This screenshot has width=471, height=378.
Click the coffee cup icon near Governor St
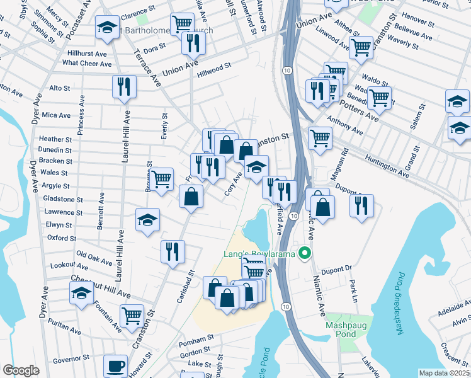click(x=115, y=366)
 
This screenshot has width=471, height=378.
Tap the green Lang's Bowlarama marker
click(x=305, y=254)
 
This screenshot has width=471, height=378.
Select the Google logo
click(x=21, y=370)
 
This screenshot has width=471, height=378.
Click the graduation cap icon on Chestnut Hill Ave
click(x=81, y=292)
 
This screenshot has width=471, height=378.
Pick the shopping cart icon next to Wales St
click(x=162, y=179)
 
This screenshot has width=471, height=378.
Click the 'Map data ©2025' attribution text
click(x=444, y=373)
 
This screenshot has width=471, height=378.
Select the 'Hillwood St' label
click(x=214, y=65)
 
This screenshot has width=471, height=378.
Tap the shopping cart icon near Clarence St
click(x=182, y=24)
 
